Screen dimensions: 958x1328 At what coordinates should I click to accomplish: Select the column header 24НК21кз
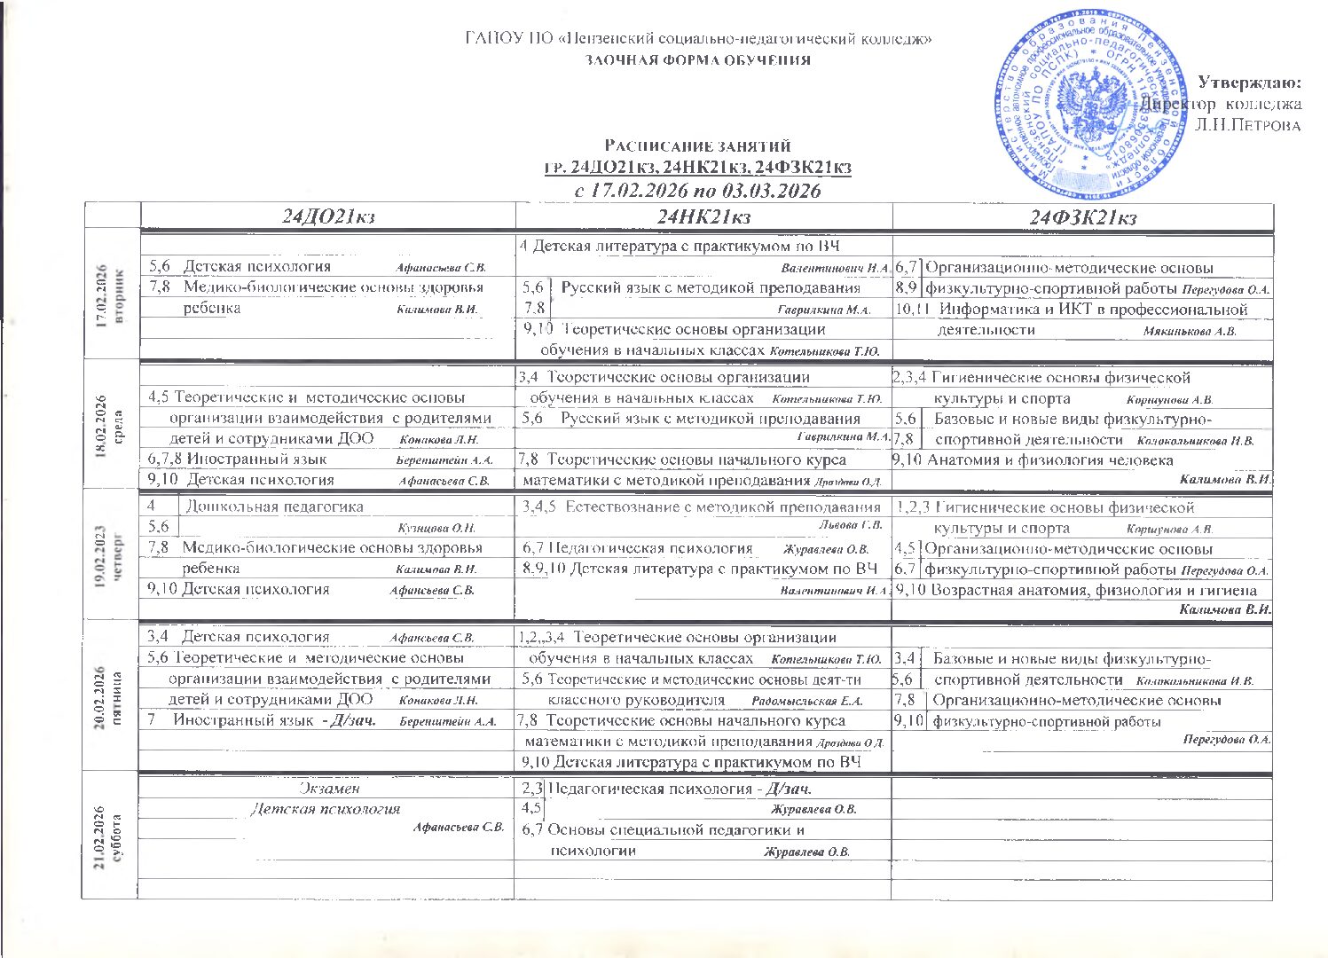coord(704,216)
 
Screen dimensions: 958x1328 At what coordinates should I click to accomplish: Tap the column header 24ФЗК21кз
coord(1082,217)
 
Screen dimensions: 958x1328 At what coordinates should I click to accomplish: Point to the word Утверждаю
coord(1250,83)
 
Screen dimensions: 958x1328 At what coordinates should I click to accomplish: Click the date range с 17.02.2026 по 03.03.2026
coord(697,191)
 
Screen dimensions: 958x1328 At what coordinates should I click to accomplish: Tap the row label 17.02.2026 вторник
coord(111,295)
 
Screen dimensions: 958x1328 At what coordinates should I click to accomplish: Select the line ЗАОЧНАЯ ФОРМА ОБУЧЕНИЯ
coord(697,60)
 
